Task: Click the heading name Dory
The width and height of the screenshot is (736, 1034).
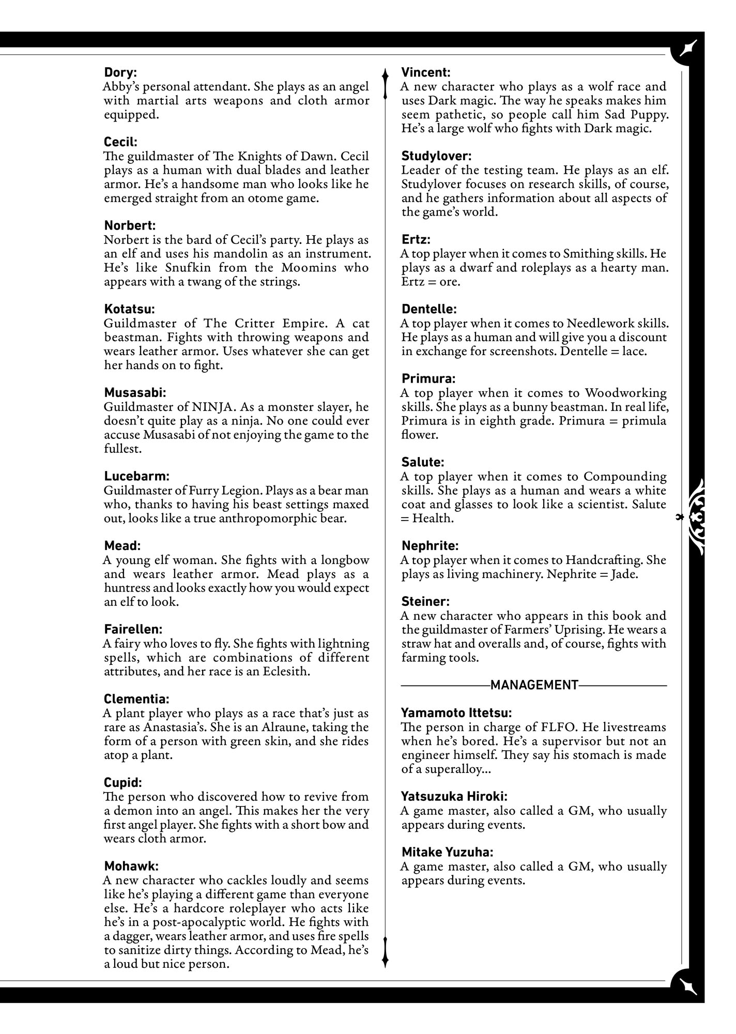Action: [x=120, y=72]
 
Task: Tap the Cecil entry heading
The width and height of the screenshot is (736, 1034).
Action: [x=120, y=142]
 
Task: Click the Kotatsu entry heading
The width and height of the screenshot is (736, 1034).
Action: [x=129, y=309]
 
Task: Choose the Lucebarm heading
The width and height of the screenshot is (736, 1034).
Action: [x=136, y=476]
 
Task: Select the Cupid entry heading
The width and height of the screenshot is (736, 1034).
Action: [x=122, y=783]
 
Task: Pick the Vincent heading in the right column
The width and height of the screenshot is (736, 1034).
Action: [x=426, y=72]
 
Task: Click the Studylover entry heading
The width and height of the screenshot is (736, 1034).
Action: [x=436, y=156]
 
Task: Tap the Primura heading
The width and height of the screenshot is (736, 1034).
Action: [x=428, y=378]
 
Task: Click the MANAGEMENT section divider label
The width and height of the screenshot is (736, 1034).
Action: [x=534, y=686]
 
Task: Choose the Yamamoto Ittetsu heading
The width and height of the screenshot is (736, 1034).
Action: [x=456, y=713]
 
